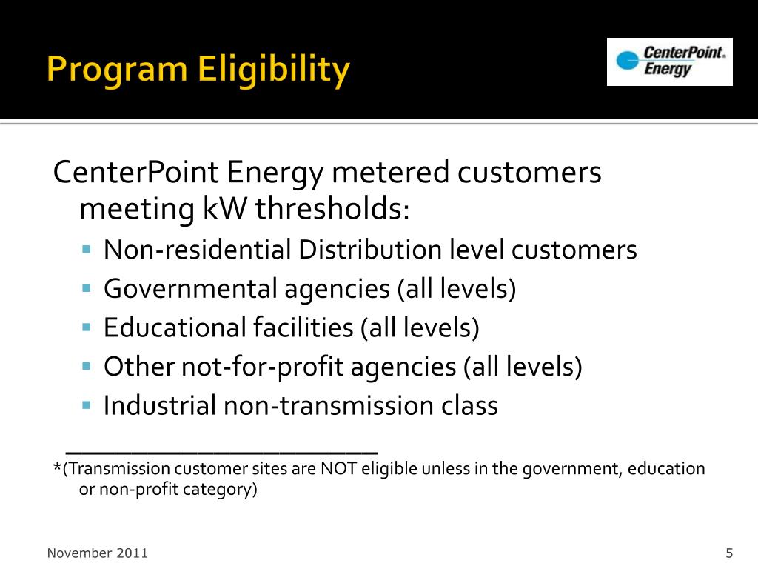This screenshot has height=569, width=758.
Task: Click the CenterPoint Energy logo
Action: click(669, 61)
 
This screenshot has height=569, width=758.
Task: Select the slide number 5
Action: click(729, 553)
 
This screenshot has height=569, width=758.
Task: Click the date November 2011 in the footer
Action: click(98, 553)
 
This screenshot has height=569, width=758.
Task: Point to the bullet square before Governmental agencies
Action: click(87, 287)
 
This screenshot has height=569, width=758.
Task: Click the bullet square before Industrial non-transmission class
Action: click(87, 405)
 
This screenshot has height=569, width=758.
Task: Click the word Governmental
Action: click(189, 289)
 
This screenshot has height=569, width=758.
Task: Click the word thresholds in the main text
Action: click(332, 210)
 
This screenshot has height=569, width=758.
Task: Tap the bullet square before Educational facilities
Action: click(87, 327)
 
